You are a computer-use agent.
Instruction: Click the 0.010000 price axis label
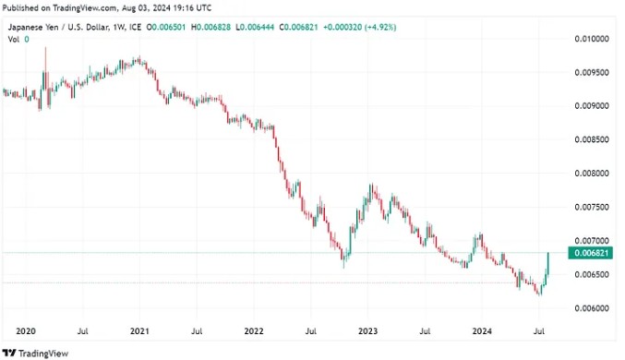pyautogui.click(x=592, y=39)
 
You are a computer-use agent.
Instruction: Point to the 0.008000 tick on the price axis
pyautogui.click(x=592, y=174)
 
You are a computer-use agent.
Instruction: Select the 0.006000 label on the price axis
pyautogui.click(x=592, y=308)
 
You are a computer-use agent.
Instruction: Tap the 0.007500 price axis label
pyautogui.click(x=592, y=207)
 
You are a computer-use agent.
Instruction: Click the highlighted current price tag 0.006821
pyautogui.click(x=590, y=253)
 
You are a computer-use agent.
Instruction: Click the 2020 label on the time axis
pyautogui.click(x=26, y=331)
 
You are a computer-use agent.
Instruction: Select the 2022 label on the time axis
pyautogui.click(x=254, y=331)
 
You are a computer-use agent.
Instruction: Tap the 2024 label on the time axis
pyautogui.click(x=482, y=331)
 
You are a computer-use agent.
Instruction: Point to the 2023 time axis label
pyautogui.click(x=368, y=331)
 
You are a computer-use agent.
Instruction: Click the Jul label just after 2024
pyautogui.click(x=539, y=331)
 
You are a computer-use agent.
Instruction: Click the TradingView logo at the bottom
pyautogui.click(x=35, y=354)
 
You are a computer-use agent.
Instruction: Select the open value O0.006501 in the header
pyautogui.click(x=166, y=27)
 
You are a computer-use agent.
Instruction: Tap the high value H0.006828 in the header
pyautogui.click(x=210, y=27)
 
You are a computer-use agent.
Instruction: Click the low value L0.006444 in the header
pyautogui.click(x=255, y=27)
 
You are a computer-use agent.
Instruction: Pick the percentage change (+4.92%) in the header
pyautogui.click(x=381, y=27)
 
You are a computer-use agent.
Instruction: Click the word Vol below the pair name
pyautogui.click(x=14, y=39)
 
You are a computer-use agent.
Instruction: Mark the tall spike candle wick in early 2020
pyautogui.click(x=45, y=60)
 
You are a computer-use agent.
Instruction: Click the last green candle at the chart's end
pyautogui.click(x=548, y=263)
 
